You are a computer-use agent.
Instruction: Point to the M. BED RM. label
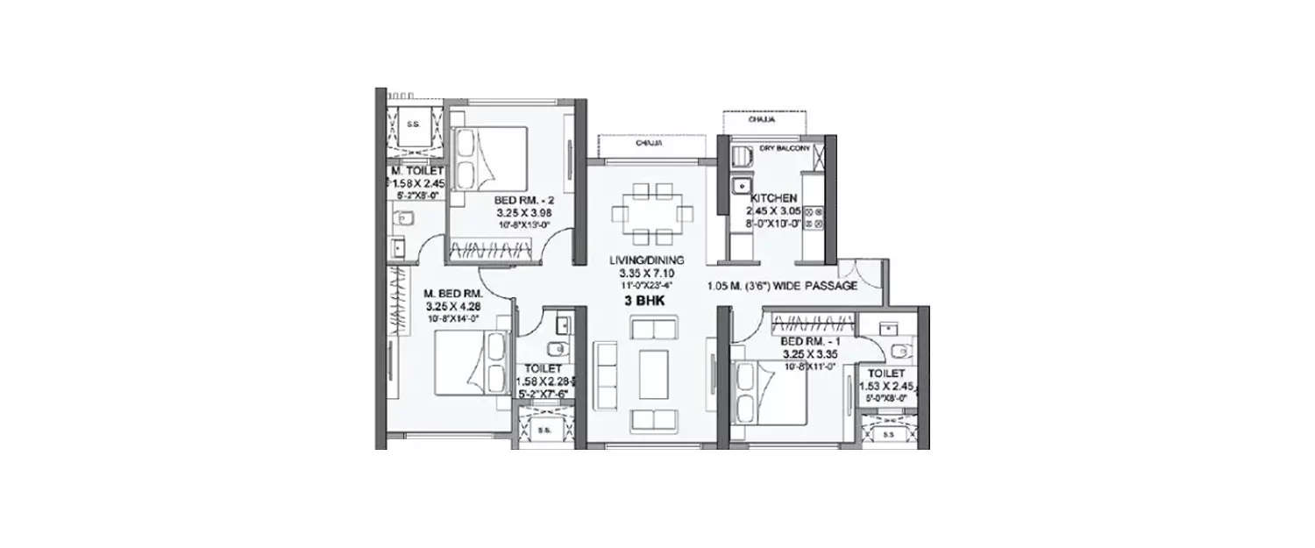click(448, 294)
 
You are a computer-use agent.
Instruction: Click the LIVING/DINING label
click(648, 260)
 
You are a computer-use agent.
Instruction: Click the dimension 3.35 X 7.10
click(648, 272)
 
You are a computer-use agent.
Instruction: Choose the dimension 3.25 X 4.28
click(448, 306)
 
